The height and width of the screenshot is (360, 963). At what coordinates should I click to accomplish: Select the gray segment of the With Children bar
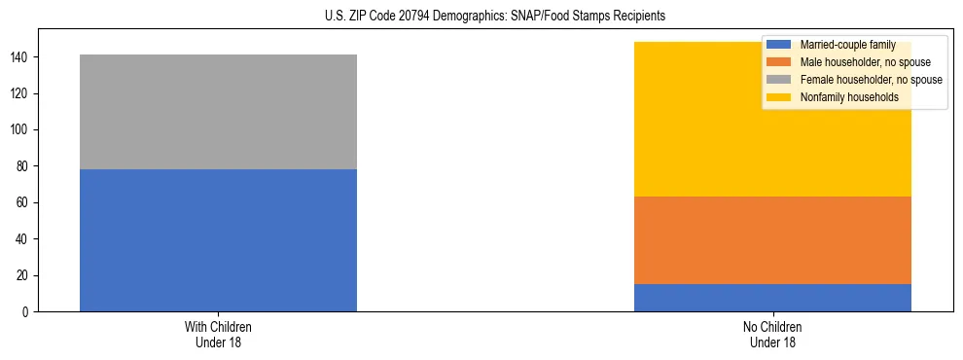pos(218,112)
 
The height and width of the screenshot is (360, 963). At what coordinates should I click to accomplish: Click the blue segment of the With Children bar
pos(218,240)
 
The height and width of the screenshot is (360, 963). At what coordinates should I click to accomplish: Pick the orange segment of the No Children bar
pos(772,240)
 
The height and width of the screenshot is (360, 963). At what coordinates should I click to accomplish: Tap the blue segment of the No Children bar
pos(772,298)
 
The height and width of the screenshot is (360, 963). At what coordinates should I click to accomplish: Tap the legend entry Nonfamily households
pos(848,97)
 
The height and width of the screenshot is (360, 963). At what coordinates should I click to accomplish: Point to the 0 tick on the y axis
pos(27,312)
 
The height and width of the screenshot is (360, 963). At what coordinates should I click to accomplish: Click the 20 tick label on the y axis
pos(24,275)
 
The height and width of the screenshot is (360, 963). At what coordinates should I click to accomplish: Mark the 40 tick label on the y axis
pos(24,239)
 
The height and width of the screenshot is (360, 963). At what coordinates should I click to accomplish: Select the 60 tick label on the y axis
pos(24,203)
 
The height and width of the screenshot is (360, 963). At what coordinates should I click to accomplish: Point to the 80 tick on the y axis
pos(24,166)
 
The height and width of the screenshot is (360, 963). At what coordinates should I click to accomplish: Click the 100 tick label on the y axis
pos(21,130)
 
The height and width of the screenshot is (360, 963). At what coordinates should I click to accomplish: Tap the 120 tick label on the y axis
pos(21,94)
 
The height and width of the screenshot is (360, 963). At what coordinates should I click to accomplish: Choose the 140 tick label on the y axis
pos(21,58)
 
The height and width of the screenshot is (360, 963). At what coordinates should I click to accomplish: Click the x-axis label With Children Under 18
pos(218,335)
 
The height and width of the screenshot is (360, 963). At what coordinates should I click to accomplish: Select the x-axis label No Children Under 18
pos(772,335)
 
